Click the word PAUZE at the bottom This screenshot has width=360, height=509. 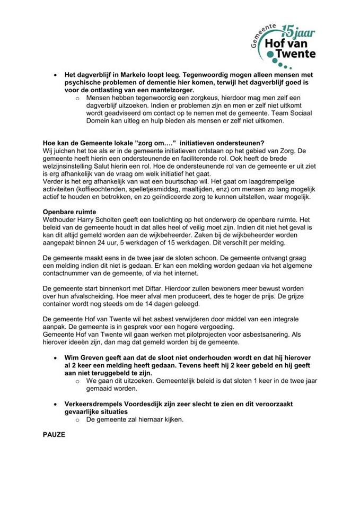54,434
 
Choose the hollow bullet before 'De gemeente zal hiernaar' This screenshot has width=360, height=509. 77,420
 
